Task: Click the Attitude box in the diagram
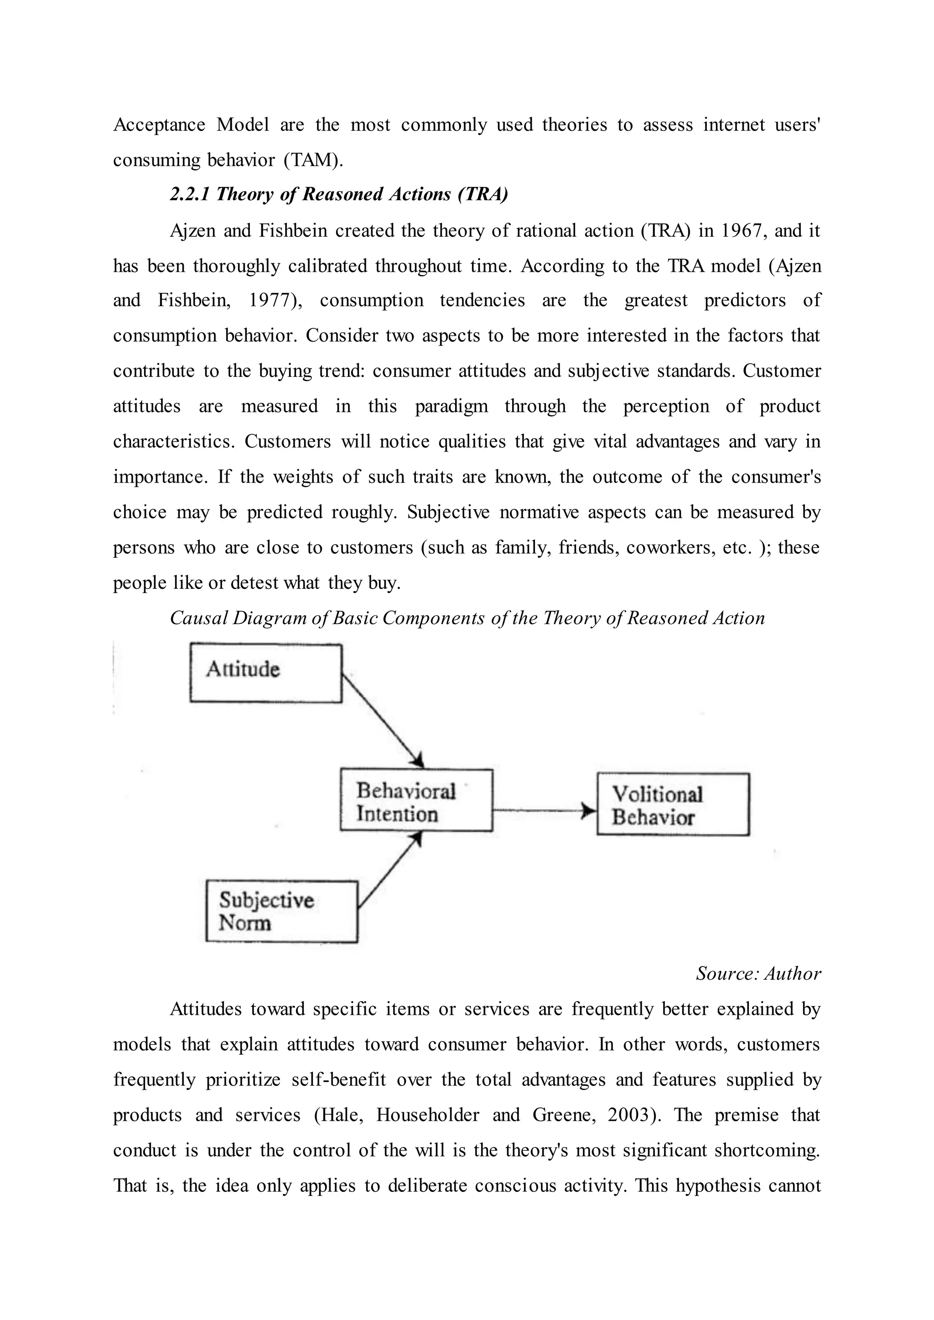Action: click(266, 672)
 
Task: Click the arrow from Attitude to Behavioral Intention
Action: click(382, 720)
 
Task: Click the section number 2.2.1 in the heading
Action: click(190, 194)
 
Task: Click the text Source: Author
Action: click(758, 973)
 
